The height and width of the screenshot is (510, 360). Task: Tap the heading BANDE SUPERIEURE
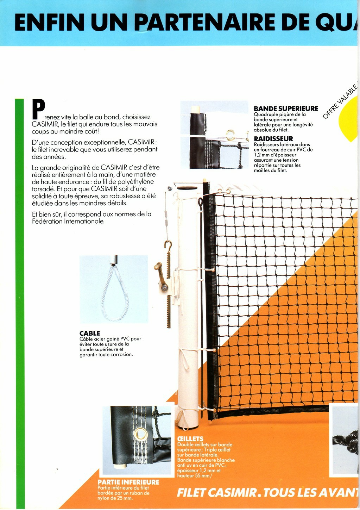tap(286, 108)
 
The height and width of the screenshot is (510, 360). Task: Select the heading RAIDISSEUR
tap(273, 139)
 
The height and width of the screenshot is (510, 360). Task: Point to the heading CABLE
tap(90, 333)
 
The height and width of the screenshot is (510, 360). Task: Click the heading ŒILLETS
tap(190, 439)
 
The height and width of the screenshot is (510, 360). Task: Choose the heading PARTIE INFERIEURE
tap(128, 482)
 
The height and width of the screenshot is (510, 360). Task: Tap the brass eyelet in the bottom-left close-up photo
tap(141, 433)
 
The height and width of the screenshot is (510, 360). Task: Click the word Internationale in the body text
tap(84, 222)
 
